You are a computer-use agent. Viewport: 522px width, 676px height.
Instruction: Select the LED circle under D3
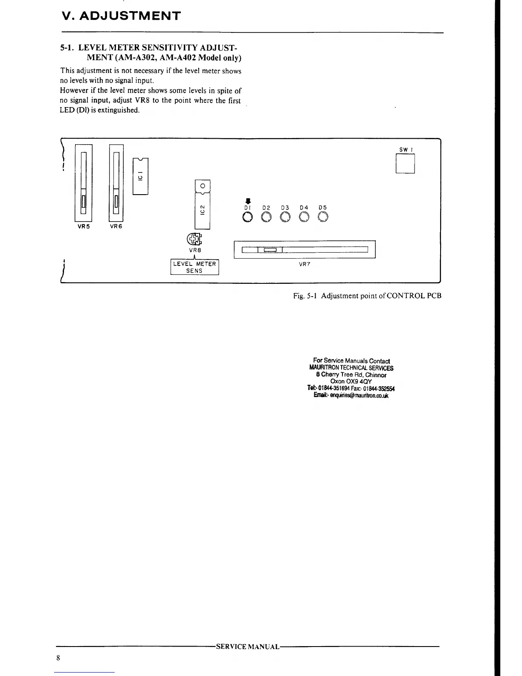click(x=285, y=218)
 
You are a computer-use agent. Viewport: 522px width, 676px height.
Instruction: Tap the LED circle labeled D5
click(x=323, y=218)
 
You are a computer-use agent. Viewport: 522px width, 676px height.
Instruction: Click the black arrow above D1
click(x=247, y=201)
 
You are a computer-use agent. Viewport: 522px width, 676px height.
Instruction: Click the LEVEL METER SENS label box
click(x=194, y=267)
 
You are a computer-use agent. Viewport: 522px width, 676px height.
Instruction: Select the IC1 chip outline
click(x=140, y=176)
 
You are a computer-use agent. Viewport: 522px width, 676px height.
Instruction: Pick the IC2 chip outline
click(x=203, y=211)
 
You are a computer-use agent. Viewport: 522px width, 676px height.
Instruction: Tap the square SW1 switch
click(x=405, y=163)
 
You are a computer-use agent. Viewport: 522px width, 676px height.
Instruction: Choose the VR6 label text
click(x=116, y=227)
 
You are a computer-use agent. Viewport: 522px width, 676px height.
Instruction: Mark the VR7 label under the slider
click(x=304, y=265)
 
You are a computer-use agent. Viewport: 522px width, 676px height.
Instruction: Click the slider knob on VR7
click(x=270, y=250)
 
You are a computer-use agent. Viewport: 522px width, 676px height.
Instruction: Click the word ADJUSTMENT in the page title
click(x=130, y=16)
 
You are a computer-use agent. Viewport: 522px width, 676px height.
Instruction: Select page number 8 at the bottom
click(x=58, y=658)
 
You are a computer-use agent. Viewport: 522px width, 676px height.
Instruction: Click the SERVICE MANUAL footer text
click(x=247, y=647)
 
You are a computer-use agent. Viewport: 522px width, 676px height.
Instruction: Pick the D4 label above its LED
click(x=304, y=208)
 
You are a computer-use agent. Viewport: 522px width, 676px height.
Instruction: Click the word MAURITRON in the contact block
click(x=324, y=368)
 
